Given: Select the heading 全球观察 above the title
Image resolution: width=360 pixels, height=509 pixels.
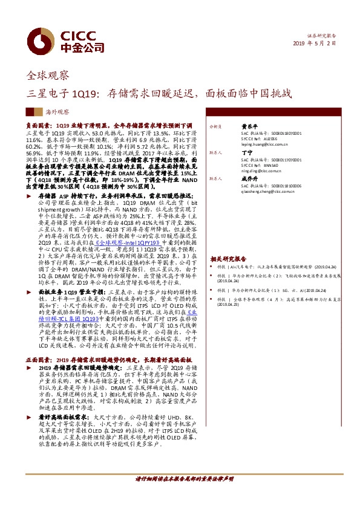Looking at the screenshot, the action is (x=48, y=76).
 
